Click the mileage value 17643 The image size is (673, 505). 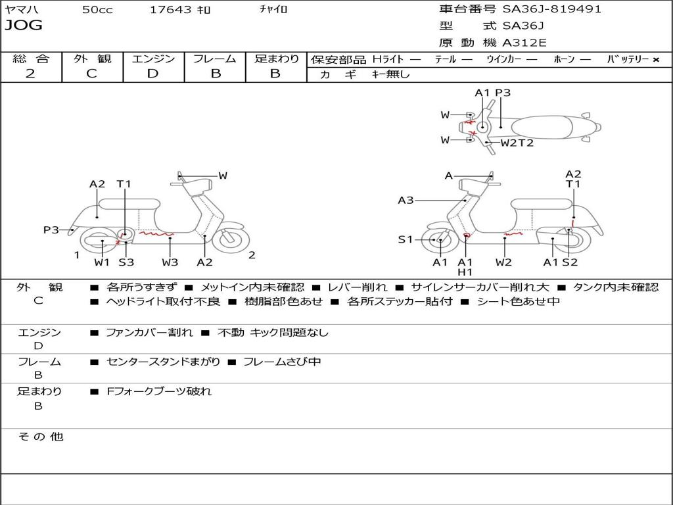click(170, 10)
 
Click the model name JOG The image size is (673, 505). click(24, 26)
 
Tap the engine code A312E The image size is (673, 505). click(524, 43)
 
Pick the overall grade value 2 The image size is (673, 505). click(30, 74)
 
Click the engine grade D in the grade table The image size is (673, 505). click(152, 74)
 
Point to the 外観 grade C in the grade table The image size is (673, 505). click(91, 74)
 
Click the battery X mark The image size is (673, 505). click(655, 60)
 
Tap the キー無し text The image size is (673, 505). click(390, 74)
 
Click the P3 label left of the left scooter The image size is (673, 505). click(51, 229)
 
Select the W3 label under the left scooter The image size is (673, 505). click(170, 262)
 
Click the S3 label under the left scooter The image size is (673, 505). click(126, 262)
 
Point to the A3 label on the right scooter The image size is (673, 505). click(406, 200)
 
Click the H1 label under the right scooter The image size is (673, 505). click(465, 272)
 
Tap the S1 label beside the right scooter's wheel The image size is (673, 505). click(406, 239)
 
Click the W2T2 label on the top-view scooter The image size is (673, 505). click(517, 143)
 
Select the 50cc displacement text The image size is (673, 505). click(97, 10)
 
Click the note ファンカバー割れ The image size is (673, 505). click(149, 333)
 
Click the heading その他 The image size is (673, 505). click(41, 437)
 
